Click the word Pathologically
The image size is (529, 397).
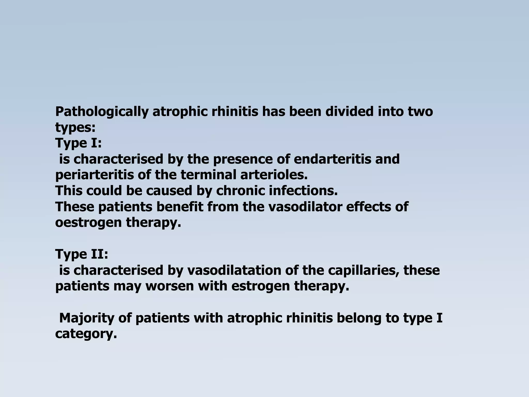click(102, 112)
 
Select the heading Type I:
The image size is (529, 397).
click(79, 143)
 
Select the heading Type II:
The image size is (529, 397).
click(82, 254)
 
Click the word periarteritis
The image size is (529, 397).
click(95, 175)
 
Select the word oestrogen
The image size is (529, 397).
click(88, 223)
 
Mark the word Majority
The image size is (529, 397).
click(87, 318)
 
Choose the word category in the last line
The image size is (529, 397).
click(86, 334)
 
